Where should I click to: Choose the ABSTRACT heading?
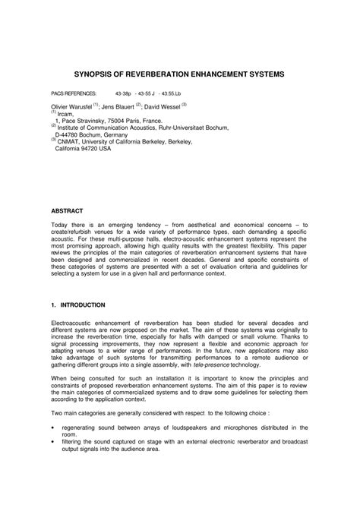(x=68, y=209)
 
